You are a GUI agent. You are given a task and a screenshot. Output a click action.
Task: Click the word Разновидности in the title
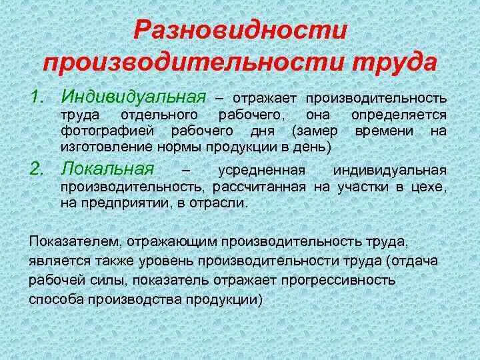tap(241, 30)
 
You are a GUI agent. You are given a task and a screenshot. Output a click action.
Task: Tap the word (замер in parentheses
tap(314, 131)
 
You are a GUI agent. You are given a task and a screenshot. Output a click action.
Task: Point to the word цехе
tap(429, 188)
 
